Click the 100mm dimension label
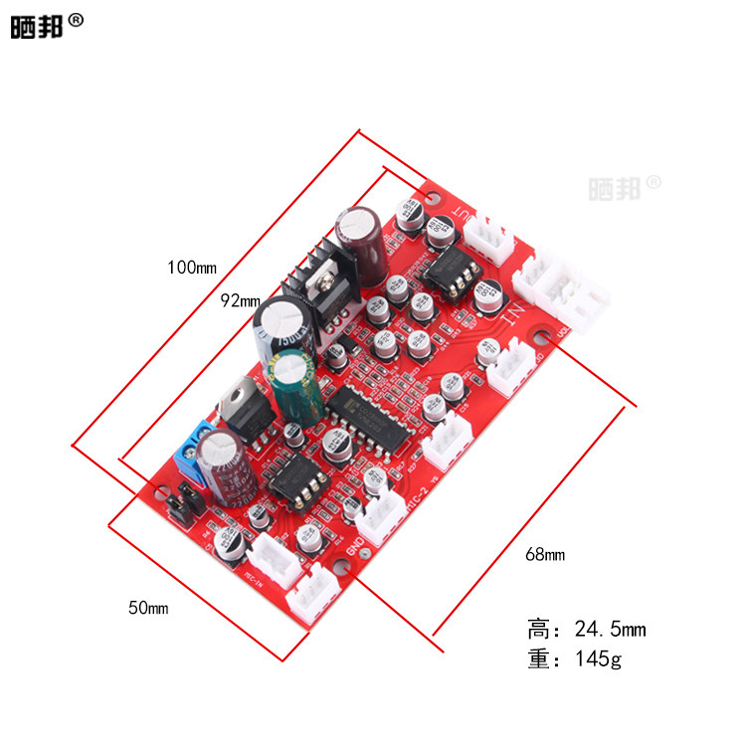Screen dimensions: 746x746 coord(192,267)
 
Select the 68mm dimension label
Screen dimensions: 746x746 coord(544,554)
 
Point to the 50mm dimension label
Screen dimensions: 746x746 coord(148,607)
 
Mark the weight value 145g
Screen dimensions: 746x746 coord(598,657)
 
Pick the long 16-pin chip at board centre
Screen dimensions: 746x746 coord(361,411)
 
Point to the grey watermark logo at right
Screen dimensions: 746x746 coord(624,185)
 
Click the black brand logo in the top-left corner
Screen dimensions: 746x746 coord(37,26)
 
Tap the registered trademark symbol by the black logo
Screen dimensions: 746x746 coord(77,19)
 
